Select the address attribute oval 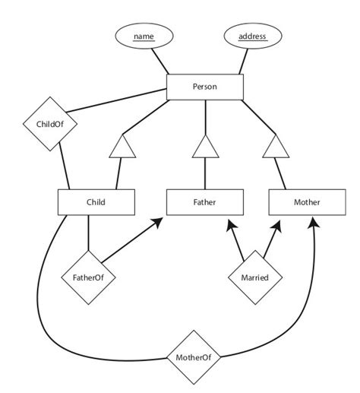(x=251, y=36)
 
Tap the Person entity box (x=204, y=87)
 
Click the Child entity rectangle (x=96, y=202)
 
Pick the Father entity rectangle (x=205, y=202)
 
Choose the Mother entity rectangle (x=307, y=202)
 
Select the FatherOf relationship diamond (x=90, y=278)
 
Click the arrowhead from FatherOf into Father (x=159, y=221)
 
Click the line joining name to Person (x=161, y=60)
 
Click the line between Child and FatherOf (x=90, y=232)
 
